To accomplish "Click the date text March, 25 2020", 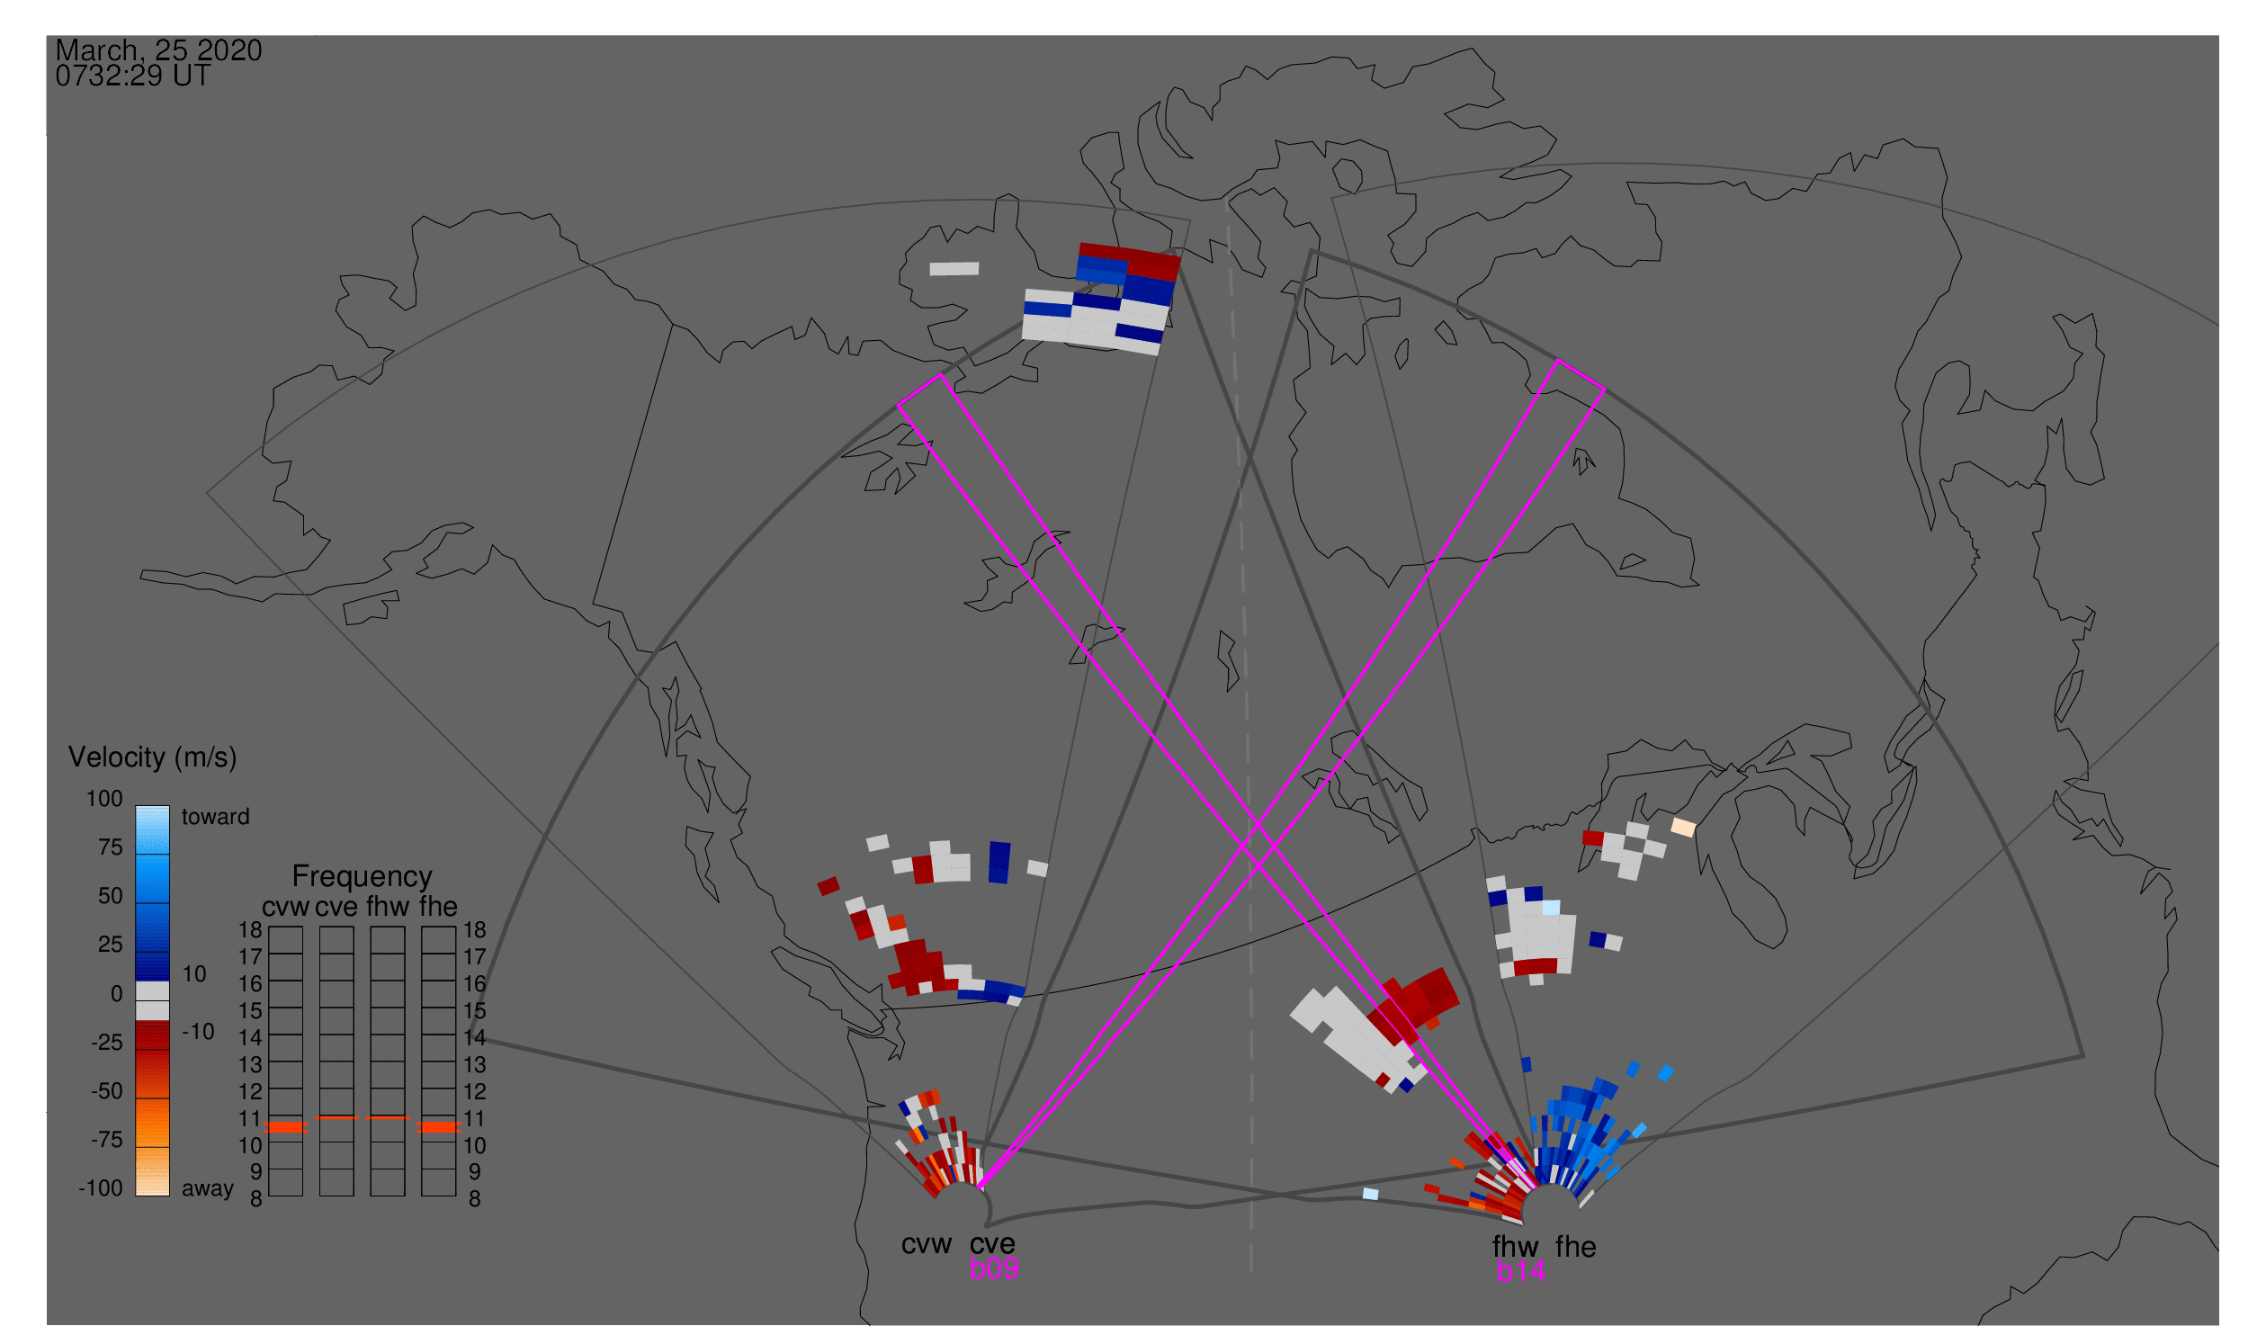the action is click(x=158, y=50).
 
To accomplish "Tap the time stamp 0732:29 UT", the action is click(x=133, y=76).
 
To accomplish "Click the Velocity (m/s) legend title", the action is click(x=153, y=758).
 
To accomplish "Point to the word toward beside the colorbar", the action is click(x=216, y=817).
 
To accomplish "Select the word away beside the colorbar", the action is click(x=208, y=1189).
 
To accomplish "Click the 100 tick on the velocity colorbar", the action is click(x=104, y=799).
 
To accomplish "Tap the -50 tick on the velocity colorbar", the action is click(x=107, y=1091).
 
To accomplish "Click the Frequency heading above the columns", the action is click(x=363, y=877).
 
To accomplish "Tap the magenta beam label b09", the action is click(x=994, y=1268).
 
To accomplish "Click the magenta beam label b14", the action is click(x=1520, y=1271).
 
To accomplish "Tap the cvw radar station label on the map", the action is click(x=927, y=1244).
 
